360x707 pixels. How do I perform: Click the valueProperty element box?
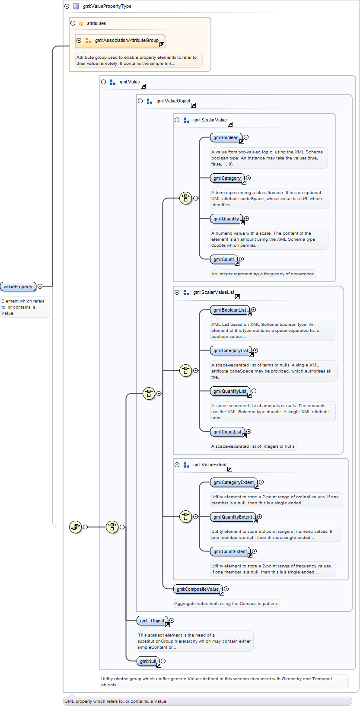click(x=18, y=286)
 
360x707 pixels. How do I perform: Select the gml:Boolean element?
click(x=226, y=137)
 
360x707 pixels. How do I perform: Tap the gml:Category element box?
click(x=227, y=178)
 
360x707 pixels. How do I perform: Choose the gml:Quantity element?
click(x=226, y=219)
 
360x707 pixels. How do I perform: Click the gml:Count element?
click(x=224, y=259)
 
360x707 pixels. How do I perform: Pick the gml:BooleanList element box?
click(x=230, y=310)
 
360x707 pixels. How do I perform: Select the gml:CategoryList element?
click(x=231, y=350)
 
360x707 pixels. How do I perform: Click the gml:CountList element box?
click(x=228, y=432)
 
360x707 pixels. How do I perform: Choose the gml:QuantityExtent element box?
click(x=233, y=517)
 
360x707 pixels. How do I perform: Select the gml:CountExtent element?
click(x=231, y=551)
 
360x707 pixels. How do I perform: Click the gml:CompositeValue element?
click(x=198, y=589)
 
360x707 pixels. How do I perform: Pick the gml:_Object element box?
click(x=153, y=621)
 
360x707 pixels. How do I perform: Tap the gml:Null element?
click(x=148, y=661)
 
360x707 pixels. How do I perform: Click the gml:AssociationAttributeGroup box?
click(x=120, y=41)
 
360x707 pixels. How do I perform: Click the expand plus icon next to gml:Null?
click(x=163, y=661)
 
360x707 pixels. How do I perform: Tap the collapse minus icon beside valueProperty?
click(x=40, y=286)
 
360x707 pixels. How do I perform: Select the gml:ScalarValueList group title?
click(x=213, y=292)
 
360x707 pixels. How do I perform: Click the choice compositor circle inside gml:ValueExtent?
click(x=185, y=517)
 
